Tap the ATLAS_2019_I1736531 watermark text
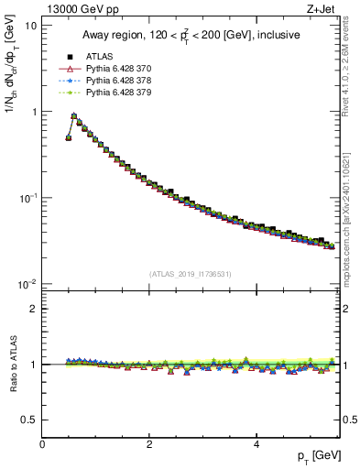coord(191,274)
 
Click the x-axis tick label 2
coord(149,444)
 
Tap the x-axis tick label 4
coord(256,444)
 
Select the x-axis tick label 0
coord(43,444)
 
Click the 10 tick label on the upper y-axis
coord(30,26)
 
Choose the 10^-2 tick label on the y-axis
coord(27,284)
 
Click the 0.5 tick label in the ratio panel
coord(29,420)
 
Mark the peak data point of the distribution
coord(74,116)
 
